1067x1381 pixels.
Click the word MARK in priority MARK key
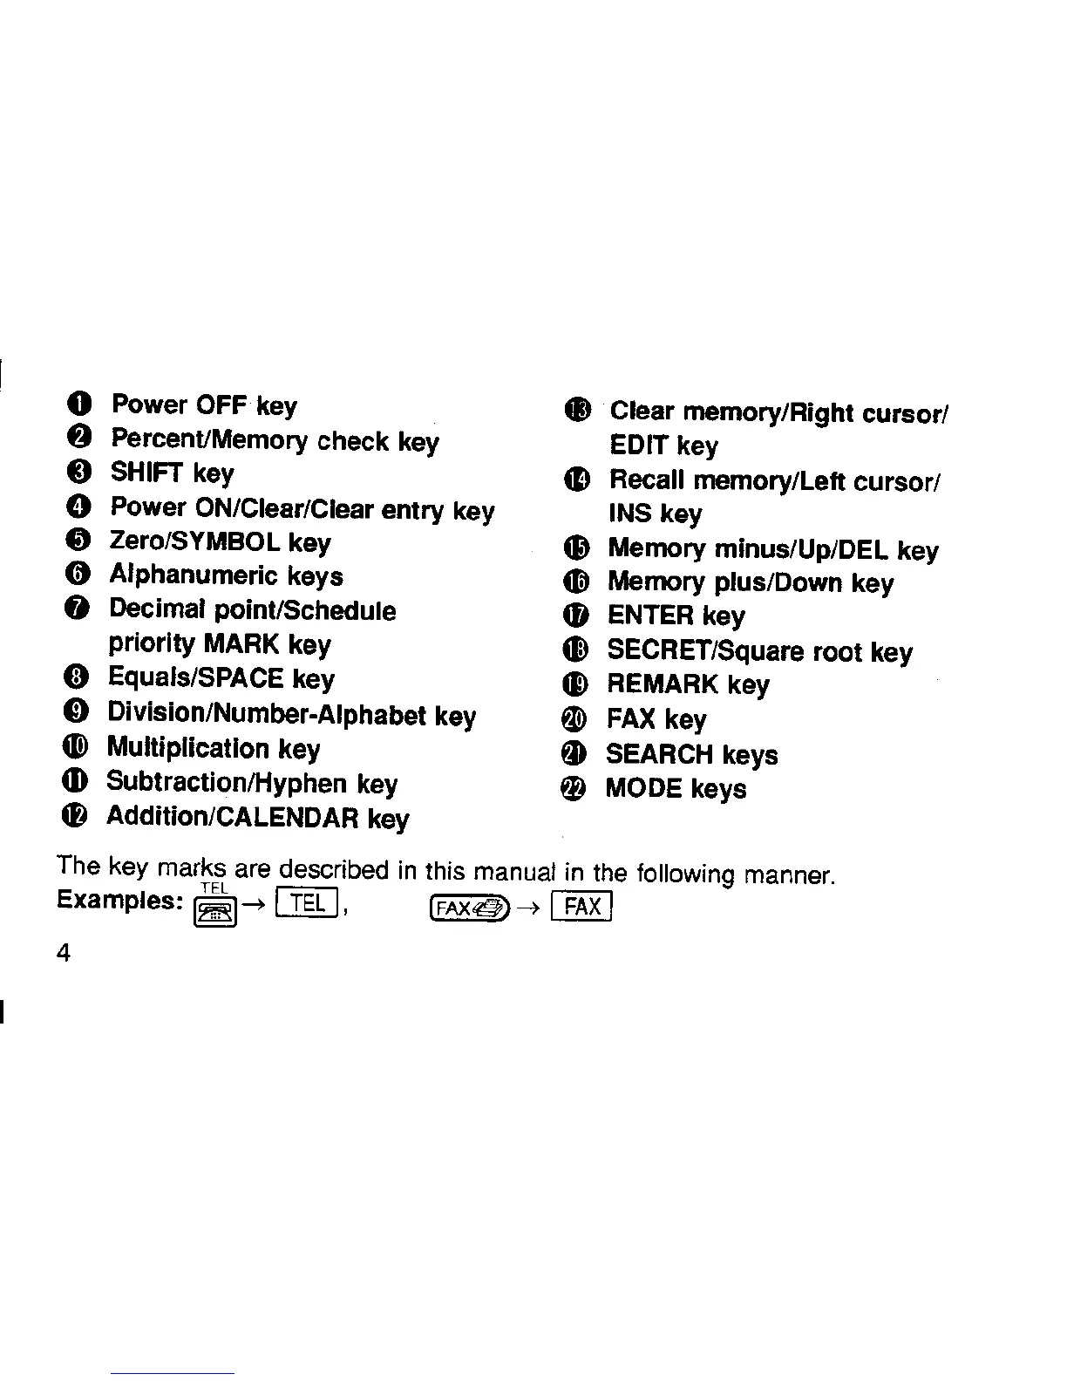coord(241,644)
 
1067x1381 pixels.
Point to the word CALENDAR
coord(282,818)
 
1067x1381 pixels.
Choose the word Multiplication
coord(187,748)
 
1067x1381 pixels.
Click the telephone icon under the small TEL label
coord(214,912)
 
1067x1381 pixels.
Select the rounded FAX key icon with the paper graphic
coord(468,908)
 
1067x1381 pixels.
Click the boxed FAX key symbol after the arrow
coord(583,907)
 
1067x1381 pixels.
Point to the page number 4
coord(63,952)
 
